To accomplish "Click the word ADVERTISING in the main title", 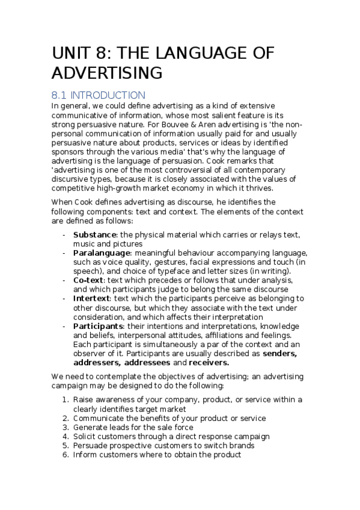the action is (108, 73).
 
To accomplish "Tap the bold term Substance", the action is (94, 234).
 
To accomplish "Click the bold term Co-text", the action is (89, 281).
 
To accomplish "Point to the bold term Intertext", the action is (92, 298).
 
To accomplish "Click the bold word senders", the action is (281, 354).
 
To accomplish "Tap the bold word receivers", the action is (209, 363).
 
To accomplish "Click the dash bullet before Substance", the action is (64, 234).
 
